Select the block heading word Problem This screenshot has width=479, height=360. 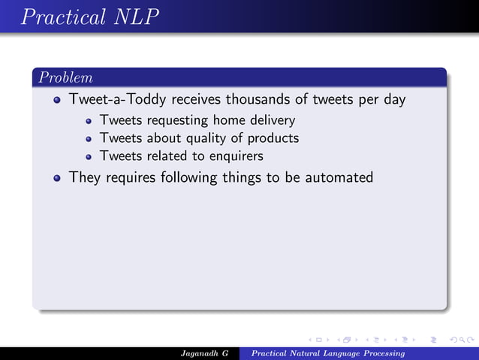pyautogui.click(x=66, y=78)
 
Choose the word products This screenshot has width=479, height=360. pyautogui.click(x=273, y=138)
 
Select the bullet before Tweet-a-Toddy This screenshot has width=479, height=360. pyautogui.click(x=57, y=100)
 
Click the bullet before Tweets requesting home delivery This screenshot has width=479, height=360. pyautogui.click(x=89, y=120)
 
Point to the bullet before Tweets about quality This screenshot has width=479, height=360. pyautogui.click(x=89, y=139)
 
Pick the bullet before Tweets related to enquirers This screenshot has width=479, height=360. pyautogui.click(x=89, y=157)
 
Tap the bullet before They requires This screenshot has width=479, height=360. pyautogui.click(x=57, y=179)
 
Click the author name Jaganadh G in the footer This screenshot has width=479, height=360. pyautogui.click(x=205, y=353)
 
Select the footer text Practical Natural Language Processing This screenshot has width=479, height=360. pyautogui.click(x=329, y=353)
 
